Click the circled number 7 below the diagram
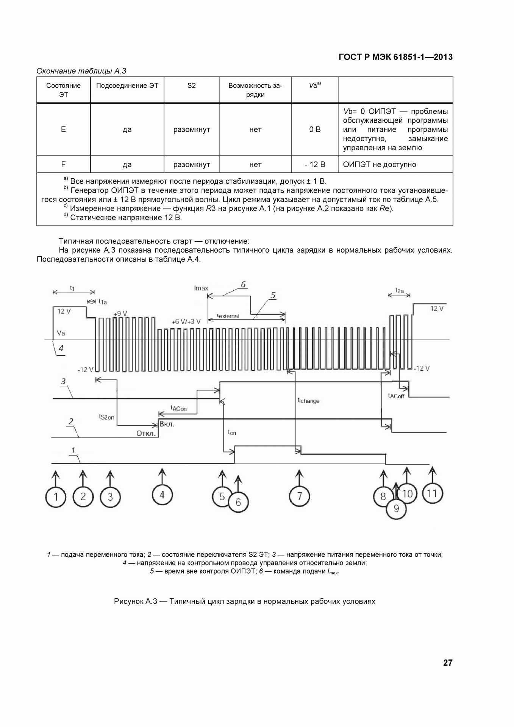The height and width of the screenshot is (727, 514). coord(299,496)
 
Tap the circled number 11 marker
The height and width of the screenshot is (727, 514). coord(432,493)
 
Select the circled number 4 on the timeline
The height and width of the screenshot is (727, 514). coord(162,495)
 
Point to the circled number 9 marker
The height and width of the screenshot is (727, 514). coord(396,509)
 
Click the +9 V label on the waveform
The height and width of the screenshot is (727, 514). coord(120,314)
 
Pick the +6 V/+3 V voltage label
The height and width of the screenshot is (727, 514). coord(186,321)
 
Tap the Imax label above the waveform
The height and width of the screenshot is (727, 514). coord(201,288)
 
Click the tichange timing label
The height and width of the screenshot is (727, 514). coord(308,401)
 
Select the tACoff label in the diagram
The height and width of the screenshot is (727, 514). coord(396,396)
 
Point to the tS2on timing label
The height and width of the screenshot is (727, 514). coord(106,417)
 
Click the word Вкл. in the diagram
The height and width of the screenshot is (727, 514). coord(167,424)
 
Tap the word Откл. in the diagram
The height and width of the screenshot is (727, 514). coord(146,434)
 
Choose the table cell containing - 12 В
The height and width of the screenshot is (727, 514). coord(315,164)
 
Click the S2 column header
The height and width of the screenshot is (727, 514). coord(192,86)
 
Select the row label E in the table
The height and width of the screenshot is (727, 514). coord(63,129)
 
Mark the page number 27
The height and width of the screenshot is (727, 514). coord(448,663)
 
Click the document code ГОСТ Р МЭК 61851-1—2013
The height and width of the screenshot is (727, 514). coord(396,57)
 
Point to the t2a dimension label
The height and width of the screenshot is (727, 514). coord(400,291)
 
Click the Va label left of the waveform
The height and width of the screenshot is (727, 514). coord(61,333)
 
